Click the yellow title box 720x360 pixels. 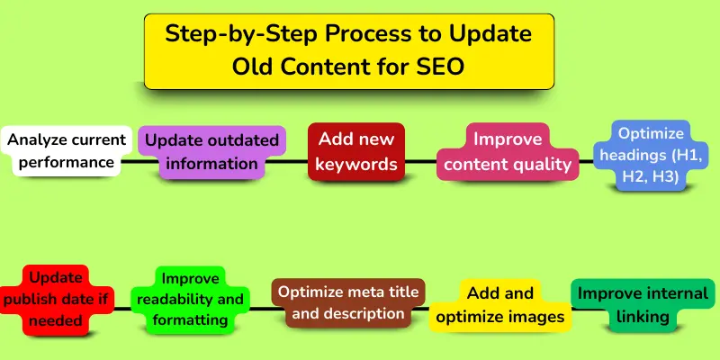[349, 51]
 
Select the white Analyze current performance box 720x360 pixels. [61, 151]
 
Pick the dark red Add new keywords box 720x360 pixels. [355, 151]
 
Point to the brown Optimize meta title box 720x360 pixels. [347, 302]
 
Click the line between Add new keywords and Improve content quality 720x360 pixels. [421, 162]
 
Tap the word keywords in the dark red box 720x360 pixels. [355, 164]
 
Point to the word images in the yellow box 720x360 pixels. [540, 316]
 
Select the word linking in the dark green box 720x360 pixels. [643, 316]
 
